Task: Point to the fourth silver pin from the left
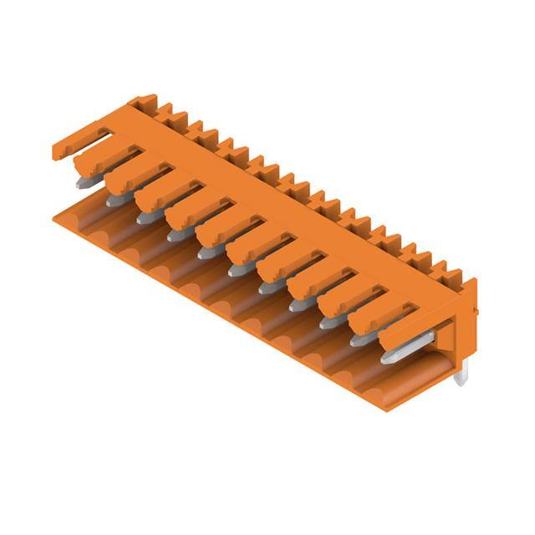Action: pos(176,236)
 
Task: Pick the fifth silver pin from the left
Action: pos(206,252)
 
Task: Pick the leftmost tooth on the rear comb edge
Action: pos(166,110)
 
